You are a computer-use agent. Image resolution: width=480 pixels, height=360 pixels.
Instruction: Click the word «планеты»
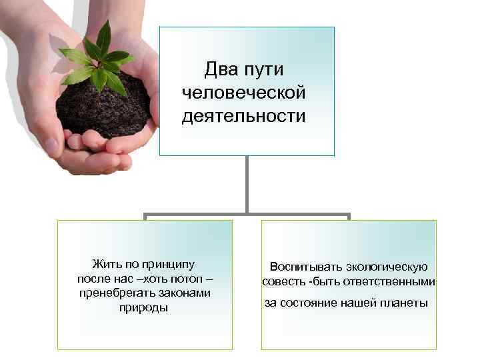pyautogui.click(x=405, y=303)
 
